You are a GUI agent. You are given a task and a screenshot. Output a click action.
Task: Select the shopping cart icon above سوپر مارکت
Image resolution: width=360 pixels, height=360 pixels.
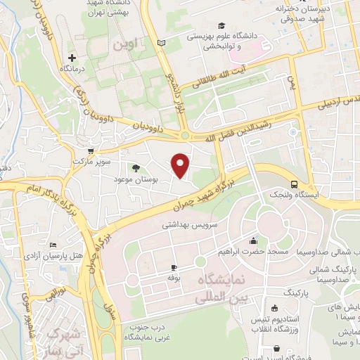pos(90,150)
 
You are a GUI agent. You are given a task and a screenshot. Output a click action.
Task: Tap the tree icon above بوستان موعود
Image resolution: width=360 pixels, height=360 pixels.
pos(136,167)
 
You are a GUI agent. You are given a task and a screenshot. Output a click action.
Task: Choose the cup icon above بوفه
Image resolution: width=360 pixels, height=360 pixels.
pos(174,268)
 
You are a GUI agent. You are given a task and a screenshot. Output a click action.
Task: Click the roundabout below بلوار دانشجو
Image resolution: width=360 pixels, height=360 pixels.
pos(185,136)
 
